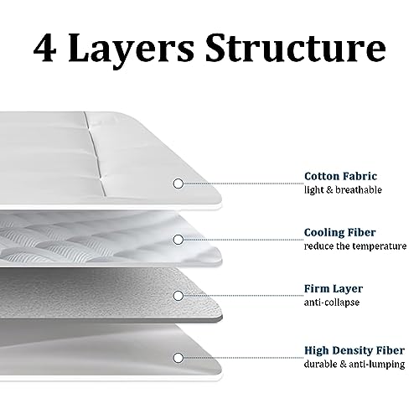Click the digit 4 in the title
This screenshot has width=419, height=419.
[45, 47]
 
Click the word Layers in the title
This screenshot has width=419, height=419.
[131, 50]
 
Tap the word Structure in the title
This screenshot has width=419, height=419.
[296, 47]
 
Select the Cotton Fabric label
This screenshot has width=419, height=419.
[340, 176]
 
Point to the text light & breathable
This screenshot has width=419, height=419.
[343, 190]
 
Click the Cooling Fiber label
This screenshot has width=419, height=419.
[340, 232]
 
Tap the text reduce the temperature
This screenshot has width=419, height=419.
[355, 246]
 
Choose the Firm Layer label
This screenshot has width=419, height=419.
[334, 289]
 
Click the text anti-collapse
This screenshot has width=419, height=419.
[332, 303]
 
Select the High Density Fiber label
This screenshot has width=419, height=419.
[354, 350]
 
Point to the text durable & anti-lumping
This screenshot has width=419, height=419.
[354, 365]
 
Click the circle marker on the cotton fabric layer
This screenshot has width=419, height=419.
[178, 184]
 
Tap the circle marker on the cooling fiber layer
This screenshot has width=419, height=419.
[178, 240]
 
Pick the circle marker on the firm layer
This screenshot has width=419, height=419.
[178, 296]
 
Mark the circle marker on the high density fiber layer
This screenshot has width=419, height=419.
[178, 358]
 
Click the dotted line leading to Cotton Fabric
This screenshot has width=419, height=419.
[244, 184]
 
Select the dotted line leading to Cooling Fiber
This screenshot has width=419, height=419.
[244, 240]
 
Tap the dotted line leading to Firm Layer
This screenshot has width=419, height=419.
[244, 296]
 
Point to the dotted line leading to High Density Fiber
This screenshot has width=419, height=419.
[244, 358]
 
